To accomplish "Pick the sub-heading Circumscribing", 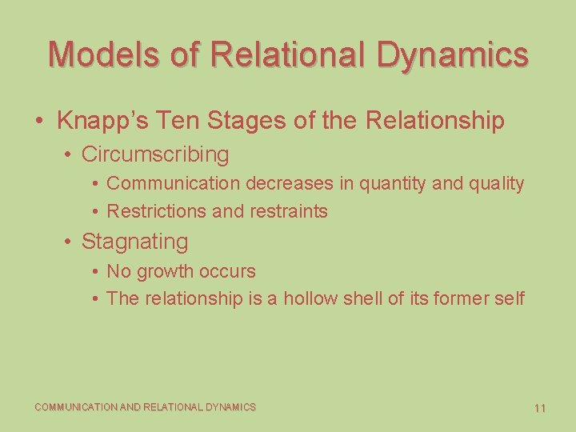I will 155,154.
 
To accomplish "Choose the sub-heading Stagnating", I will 135,241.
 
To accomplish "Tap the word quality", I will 490,183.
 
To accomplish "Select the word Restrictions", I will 155,211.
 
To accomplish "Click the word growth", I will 169,271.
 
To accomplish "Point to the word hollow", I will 310,298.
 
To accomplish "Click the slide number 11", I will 539,408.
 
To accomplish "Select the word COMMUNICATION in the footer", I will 75,407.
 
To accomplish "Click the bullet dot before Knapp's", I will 39,122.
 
